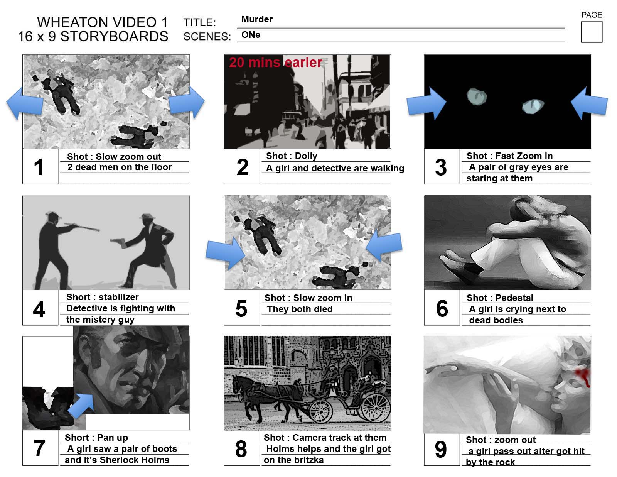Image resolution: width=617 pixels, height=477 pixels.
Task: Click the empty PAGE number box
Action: (x=591, y=32)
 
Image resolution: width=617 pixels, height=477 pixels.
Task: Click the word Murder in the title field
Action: (x=257, y=19)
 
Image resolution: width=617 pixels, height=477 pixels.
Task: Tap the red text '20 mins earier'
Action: (x=275, y=63)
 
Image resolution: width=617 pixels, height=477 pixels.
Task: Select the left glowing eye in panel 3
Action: (x=477, y=97)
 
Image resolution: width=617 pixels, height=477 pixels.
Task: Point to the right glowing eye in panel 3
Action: (x=533, y=106)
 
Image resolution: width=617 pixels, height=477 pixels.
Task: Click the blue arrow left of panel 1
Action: (x=25, y=103)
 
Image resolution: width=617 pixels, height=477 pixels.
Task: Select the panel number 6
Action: (x=442, y=308)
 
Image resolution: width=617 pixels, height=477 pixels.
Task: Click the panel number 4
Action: (x=39, y=309)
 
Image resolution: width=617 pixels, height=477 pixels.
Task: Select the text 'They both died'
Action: (x=300, y=309)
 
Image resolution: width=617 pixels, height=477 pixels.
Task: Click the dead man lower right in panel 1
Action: (x=139, y=136)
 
